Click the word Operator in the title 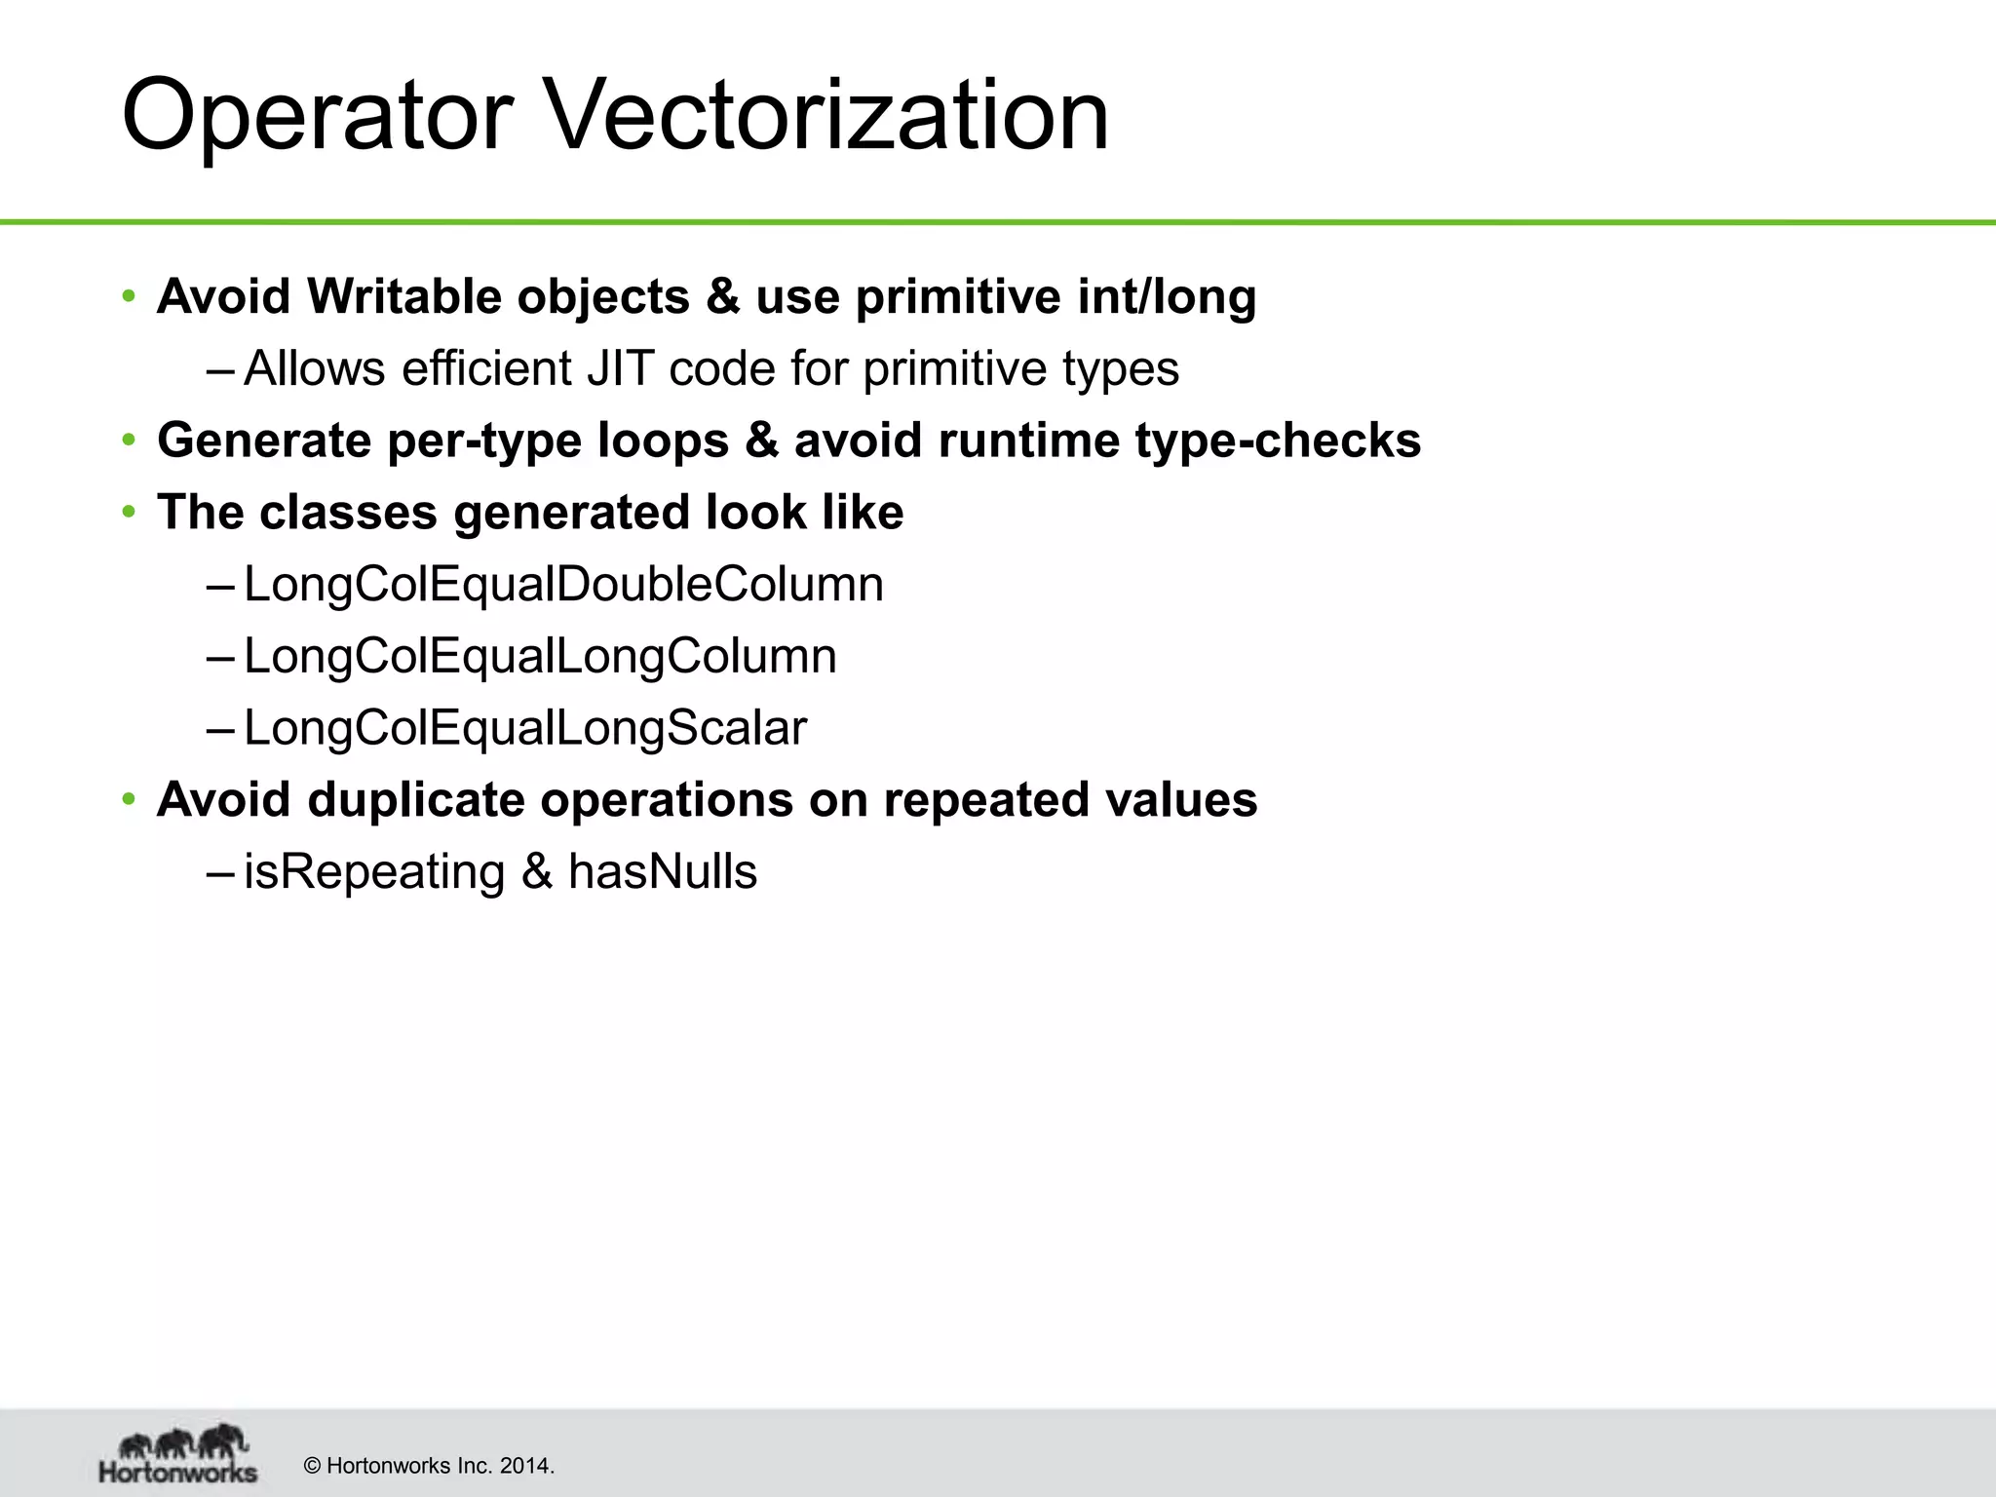317,117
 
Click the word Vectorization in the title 828,117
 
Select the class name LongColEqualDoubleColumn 563,585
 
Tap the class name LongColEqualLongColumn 540,656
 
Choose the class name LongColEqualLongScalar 525,728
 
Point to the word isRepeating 374,871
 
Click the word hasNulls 662,871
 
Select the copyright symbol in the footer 313,1466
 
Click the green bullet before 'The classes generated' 129,513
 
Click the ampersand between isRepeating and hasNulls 536,871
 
